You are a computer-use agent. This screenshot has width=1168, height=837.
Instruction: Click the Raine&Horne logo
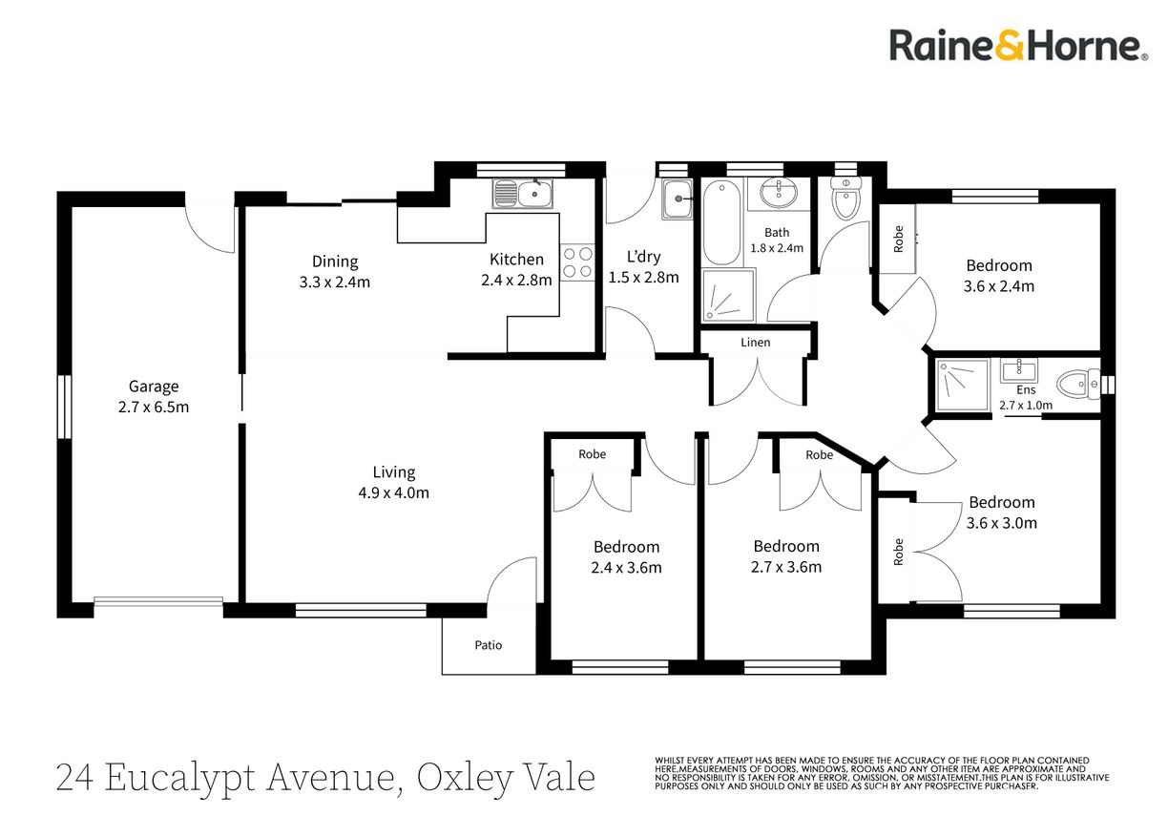[x=1018, y=47]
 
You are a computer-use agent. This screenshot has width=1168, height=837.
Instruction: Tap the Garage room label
[x=154, y=387]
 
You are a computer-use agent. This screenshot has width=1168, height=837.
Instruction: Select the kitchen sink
[x=523, y=194]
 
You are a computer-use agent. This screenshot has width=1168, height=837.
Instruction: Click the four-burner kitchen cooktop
[x=577, y=262]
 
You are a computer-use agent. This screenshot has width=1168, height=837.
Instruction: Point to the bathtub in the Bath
[x=721, y=223]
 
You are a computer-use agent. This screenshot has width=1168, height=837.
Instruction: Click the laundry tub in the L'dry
[x=678, y=199]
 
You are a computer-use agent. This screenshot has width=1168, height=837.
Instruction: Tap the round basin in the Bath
[x=778, y=193]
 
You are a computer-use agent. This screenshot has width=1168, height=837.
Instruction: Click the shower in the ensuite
[x=963, y=385]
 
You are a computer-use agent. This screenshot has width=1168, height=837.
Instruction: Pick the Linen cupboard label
[x=755, y=343]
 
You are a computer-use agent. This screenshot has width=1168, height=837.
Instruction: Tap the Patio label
[x=488, y=645]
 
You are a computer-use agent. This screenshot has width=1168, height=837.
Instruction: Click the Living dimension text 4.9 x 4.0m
[x=394, y=492]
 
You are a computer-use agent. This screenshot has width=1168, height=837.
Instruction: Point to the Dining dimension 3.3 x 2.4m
[x=335, y=282]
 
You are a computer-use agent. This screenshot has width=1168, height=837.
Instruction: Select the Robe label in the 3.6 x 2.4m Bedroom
[x=898, y=239]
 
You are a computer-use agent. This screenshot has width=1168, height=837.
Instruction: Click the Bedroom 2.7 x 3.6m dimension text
[x=786, y=567]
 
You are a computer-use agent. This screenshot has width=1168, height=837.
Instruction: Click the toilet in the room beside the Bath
[x=845, y=199]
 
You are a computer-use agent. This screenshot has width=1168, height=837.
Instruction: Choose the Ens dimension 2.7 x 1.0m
[x=1026, y=406]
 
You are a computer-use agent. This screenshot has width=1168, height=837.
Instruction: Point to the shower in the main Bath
[x=728, y=295]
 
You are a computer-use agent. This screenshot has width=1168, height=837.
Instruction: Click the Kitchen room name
[x=516, y=260]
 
